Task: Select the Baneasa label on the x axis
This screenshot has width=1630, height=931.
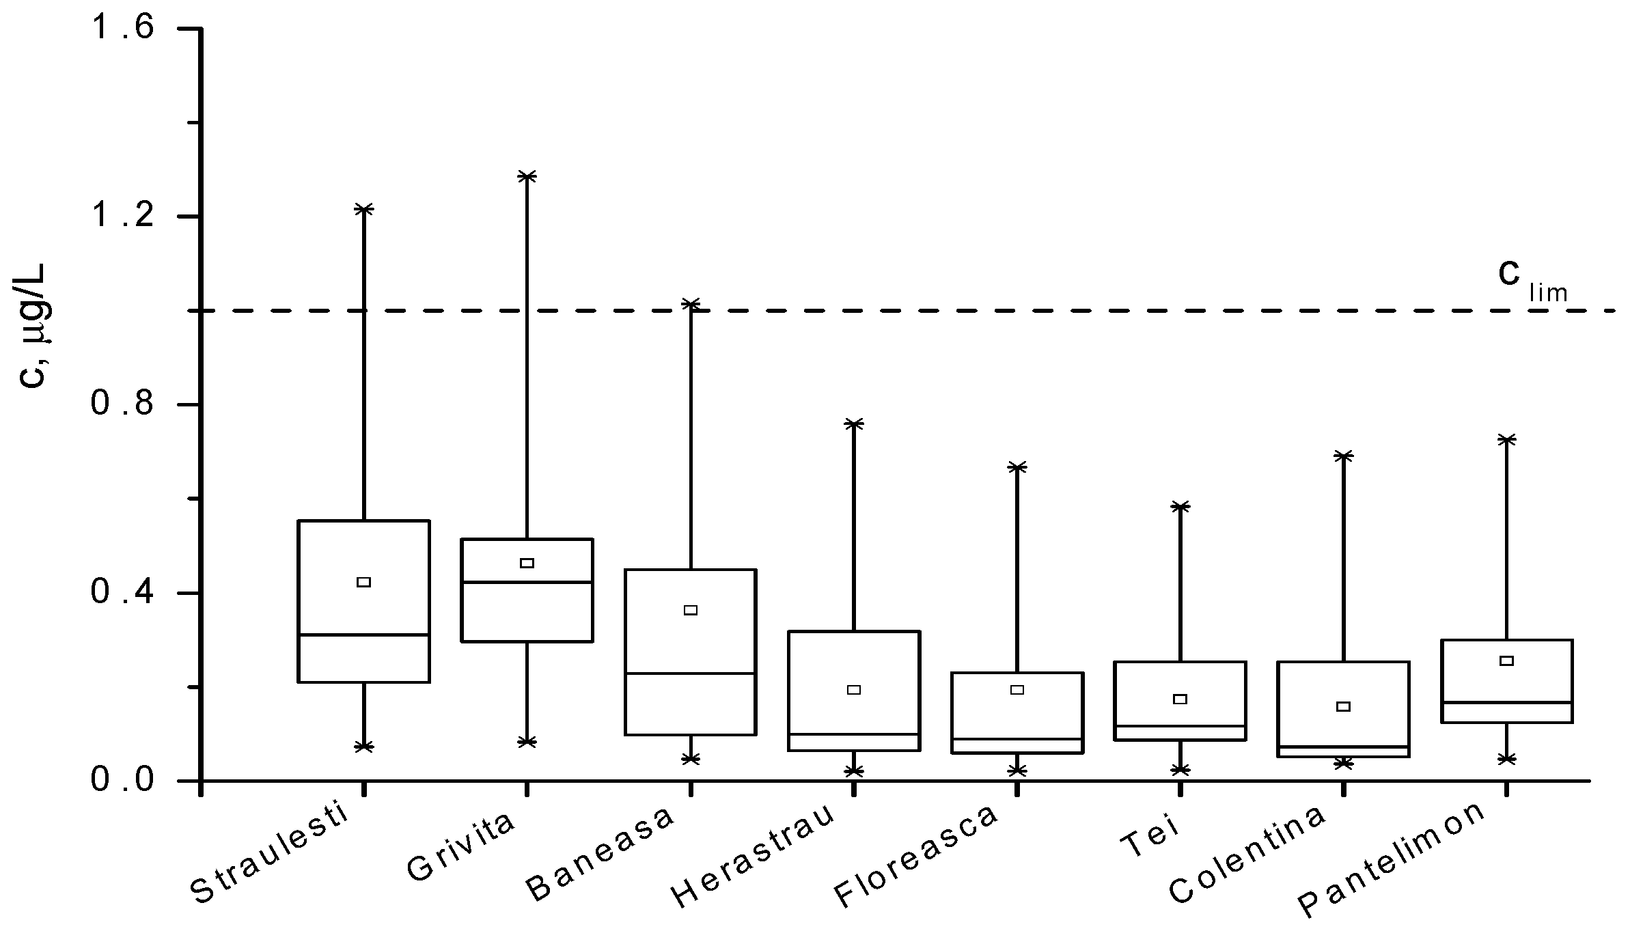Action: click(x=600, y=855)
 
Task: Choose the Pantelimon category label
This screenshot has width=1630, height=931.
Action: click(x=1392, y=859)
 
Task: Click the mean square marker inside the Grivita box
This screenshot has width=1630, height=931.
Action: click(x=527, y=563)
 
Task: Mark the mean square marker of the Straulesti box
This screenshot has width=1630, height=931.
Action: click(x=364, y=582)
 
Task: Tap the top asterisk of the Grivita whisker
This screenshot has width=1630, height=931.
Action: click(x=527, y=176)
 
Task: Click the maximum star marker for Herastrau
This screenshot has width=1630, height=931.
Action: click(x=853, y=423)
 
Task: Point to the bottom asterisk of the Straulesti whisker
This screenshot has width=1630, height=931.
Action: click(x=364, y=747)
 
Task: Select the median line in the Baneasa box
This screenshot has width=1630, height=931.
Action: click(x=690, y=673)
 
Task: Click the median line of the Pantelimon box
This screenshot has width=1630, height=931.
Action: click(x=1506, y=702)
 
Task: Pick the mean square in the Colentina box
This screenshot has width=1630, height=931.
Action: click(x=1343, y=706)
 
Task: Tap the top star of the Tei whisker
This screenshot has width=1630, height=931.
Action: click(x=1180, y=506)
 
